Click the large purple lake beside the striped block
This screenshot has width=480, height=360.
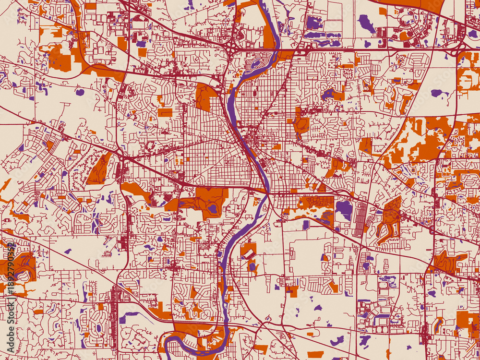(x=343, y=209)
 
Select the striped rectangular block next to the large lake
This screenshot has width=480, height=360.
(x=360, y=219)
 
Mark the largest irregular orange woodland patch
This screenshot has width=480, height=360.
(x=418, y=139)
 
